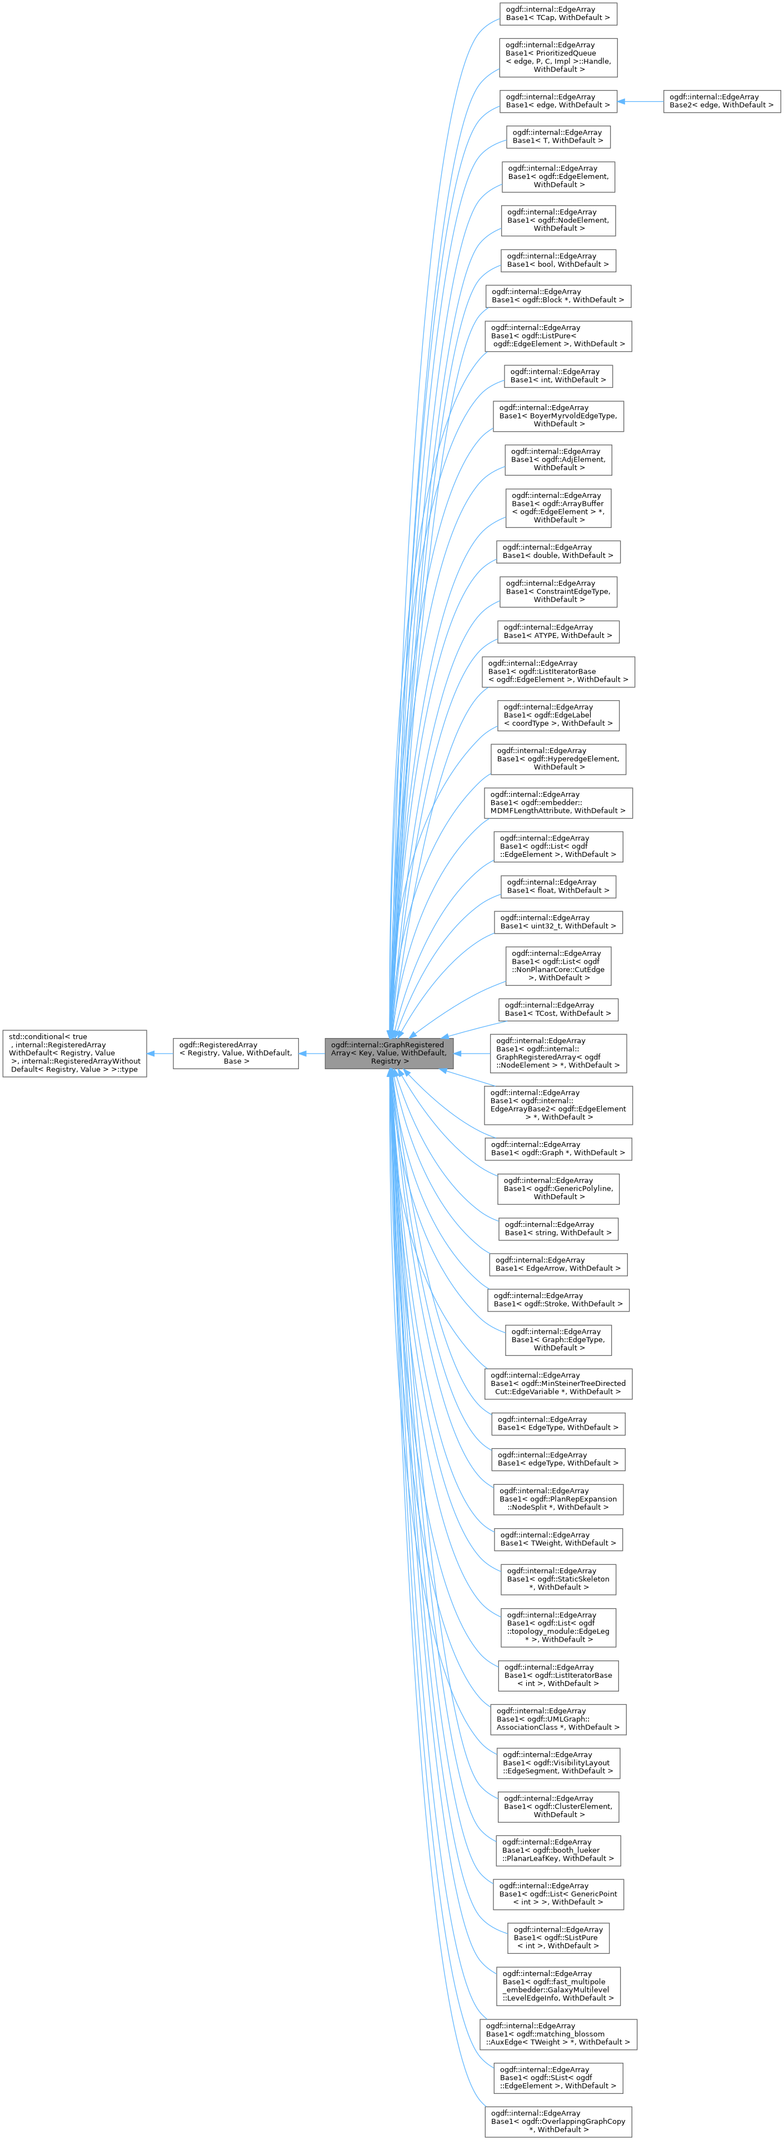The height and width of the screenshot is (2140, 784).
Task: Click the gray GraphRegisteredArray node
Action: (388, 1052)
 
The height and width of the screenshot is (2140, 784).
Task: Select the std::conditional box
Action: (75, 1052)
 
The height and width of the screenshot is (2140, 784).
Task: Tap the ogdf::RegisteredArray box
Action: (235, 1052)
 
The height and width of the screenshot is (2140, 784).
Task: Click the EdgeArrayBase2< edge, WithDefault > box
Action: (721, 101)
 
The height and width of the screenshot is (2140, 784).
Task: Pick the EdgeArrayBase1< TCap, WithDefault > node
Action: (557, 13)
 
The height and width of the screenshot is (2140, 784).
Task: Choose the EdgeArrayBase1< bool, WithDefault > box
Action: (557, 260)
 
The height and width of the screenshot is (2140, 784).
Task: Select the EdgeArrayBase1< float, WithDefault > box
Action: (557, 886)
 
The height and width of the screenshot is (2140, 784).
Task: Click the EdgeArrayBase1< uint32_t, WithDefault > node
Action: (557, 922)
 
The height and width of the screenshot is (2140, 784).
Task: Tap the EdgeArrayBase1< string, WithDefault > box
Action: (557, 1229)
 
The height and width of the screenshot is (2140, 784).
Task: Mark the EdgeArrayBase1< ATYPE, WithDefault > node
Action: (557, 631)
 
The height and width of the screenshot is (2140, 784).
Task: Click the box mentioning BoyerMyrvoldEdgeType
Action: (557, 415)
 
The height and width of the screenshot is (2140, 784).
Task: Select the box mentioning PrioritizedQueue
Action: (557, 57)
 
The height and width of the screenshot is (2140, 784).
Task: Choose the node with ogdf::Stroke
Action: (557, 1299)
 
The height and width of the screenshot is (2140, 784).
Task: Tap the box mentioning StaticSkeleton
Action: (557, 1578)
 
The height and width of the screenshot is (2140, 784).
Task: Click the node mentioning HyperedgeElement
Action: (557, 759)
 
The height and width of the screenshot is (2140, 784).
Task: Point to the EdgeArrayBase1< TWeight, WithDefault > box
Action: (557, 1539)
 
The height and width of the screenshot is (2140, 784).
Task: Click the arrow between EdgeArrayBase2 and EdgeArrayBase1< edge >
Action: (640, 101)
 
